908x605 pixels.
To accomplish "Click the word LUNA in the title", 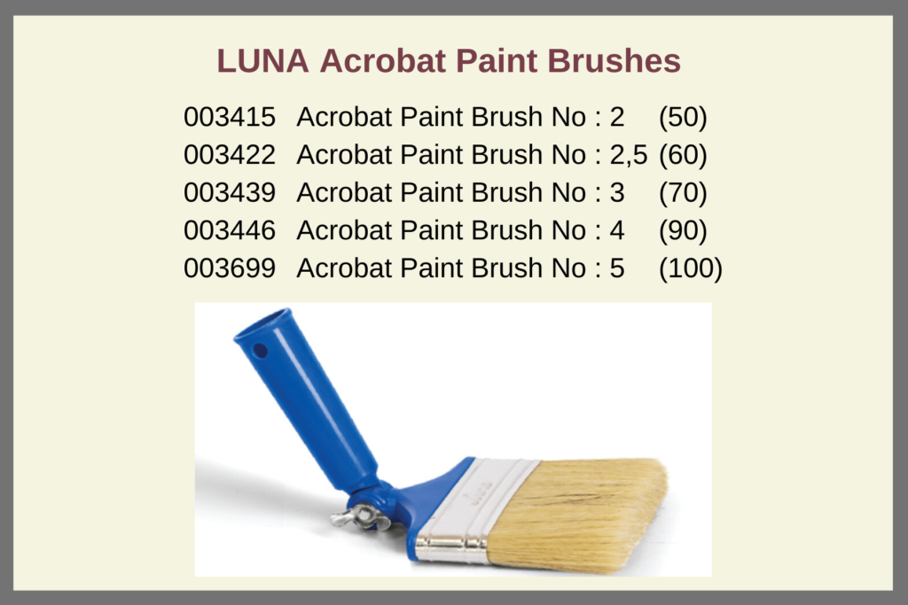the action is pos(262,61).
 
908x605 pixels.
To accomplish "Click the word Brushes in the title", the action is pos(614,61).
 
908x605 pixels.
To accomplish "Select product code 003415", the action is pos(230,117).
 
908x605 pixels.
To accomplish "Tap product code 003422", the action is pos(230,155).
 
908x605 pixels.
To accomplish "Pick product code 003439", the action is pos(230,192).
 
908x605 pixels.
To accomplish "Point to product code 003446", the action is pos(230,230).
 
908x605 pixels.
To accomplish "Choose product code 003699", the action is pos(230,268).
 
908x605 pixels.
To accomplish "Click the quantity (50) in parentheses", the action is pos(683,118).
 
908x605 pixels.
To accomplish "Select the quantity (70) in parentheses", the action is pos(683,193).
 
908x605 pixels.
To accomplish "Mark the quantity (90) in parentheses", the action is pos(683,231).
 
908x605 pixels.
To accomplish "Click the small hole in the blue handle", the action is pos(260,351).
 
